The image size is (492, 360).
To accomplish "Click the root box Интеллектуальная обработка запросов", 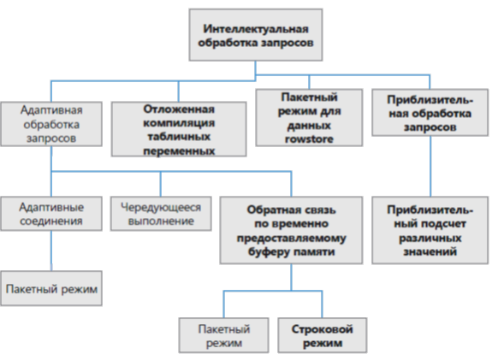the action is tap(256, 35).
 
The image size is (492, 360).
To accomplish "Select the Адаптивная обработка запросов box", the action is tap(51, 124).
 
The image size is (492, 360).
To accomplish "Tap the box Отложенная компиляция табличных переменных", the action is tap(179, 129).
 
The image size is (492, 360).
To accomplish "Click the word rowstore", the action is tap(309, 139).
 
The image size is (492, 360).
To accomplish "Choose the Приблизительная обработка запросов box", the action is tap(430, 113).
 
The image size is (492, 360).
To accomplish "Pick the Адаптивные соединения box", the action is tap(51, 214).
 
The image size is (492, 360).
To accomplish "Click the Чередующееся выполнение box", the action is tap(161, 214).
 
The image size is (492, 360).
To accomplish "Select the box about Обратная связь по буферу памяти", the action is tap(291, 230).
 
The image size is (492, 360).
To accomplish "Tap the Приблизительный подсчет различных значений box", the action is tap(430, 230).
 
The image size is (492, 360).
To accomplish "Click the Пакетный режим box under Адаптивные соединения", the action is tap(51, 288).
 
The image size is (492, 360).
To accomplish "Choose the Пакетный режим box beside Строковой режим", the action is tap(223, 335).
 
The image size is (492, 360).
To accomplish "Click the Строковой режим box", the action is tap(323, 335).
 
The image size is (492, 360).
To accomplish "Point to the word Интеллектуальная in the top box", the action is tap(256, 29).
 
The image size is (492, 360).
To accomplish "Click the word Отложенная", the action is tap(179, 109).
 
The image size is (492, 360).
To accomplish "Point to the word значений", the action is tap(430, 251).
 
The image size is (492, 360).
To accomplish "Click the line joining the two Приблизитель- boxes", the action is tap(430, 166).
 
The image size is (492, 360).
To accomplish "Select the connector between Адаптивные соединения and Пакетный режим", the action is tap(51, 251).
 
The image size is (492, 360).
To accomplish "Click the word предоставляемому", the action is tap(291, 239).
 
